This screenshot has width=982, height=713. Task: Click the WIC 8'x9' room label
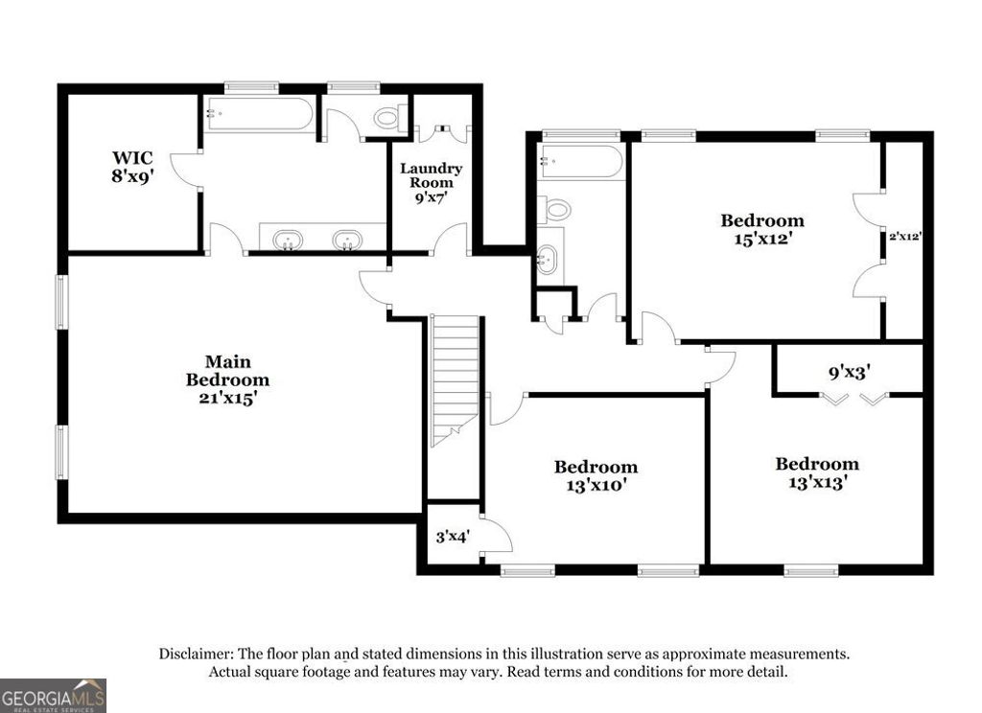[x=132, y=167]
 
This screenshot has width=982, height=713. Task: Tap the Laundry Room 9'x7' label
[x=431, y=182]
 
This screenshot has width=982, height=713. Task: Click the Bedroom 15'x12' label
[x=762, y=230]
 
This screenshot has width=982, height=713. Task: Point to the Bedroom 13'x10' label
[x=596, y=475]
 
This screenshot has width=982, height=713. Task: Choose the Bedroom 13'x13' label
[x=817, y=473]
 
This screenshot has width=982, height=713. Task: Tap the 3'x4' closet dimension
[x=452, y=537]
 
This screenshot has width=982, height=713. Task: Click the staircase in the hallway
[x=455, y=379]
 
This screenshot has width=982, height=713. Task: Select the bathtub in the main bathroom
[x=258, y=115]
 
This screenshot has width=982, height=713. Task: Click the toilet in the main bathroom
[x=387, y=119]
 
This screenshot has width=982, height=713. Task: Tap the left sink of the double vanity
[x=287, y=240]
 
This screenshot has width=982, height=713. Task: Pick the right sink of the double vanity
[x=347, y=240]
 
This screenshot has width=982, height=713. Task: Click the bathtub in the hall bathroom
[x=581, y=162]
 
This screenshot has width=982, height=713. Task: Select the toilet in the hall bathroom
[x=555, y=209]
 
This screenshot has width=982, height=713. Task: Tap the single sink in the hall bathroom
[x=547, y=258]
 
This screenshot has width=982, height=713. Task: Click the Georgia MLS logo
[x=53, y=695]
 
